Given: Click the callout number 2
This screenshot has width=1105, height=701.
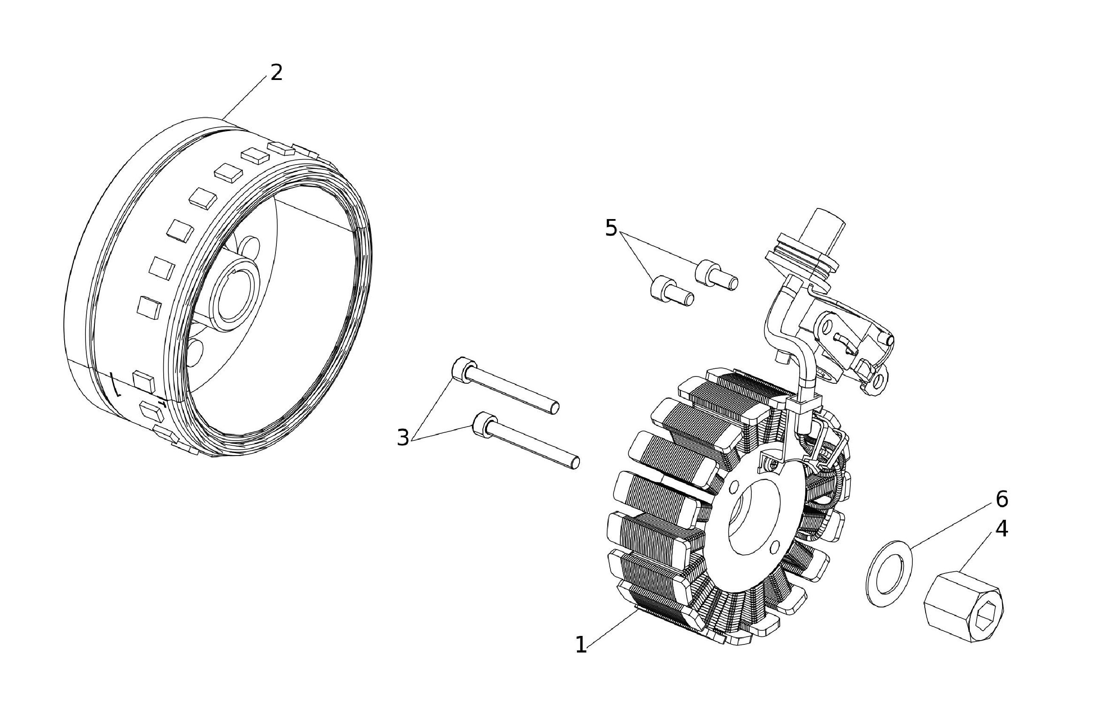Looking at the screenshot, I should (x=276, y=73).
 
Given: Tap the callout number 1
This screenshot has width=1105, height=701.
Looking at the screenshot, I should (x=581, y=645).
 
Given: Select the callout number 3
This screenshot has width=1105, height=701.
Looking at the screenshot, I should (x=403, y=438).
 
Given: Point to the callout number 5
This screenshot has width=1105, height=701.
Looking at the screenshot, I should (x=611, y=228).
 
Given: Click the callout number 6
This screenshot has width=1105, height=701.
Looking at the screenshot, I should (x=1001, y=499).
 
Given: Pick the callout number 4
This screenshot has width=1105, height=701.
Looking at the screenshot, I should (x=1001, y=529).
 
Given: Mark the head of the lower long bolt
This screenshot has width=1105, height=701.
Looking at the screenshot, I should (x=482, y=422).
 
